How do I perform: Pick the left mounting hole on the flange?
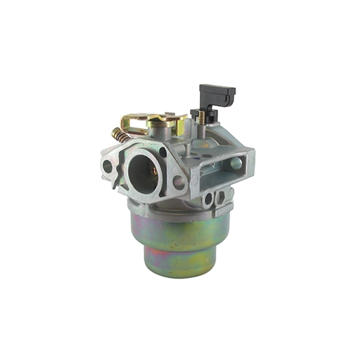107,166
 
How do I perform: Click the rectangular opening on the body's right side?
237,163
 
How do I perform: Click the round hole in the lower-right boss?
207,199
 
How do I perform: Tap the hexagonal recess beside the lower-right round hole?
220,197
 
